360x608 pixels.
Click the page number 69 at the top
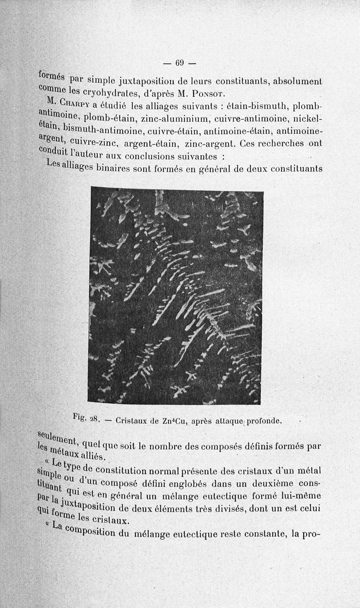pyautogui.click(x=180, y=63)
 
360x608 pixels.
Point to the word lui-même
pyautogui.click(x=302, y=496)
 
